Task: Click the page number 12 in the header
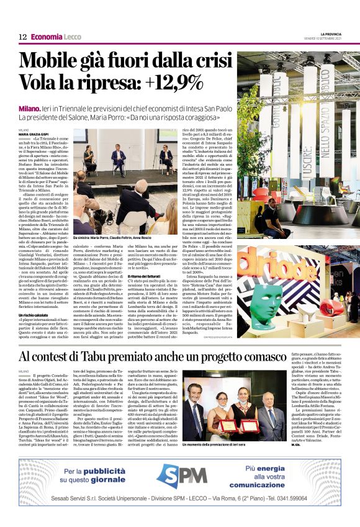pyautogui.click(x=22, y=37)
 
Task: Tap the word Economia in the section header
pyautogui.click(x=47, y=37)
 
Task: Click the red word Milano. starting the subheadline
pyautogui.click(x=30, y=107)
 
